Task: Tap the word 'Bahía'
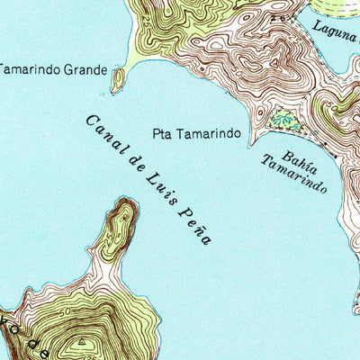click(298, 143)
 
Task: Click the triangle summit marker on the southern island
click(82, 342)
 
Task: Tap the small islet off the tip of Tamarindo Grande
click(117, 81)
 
